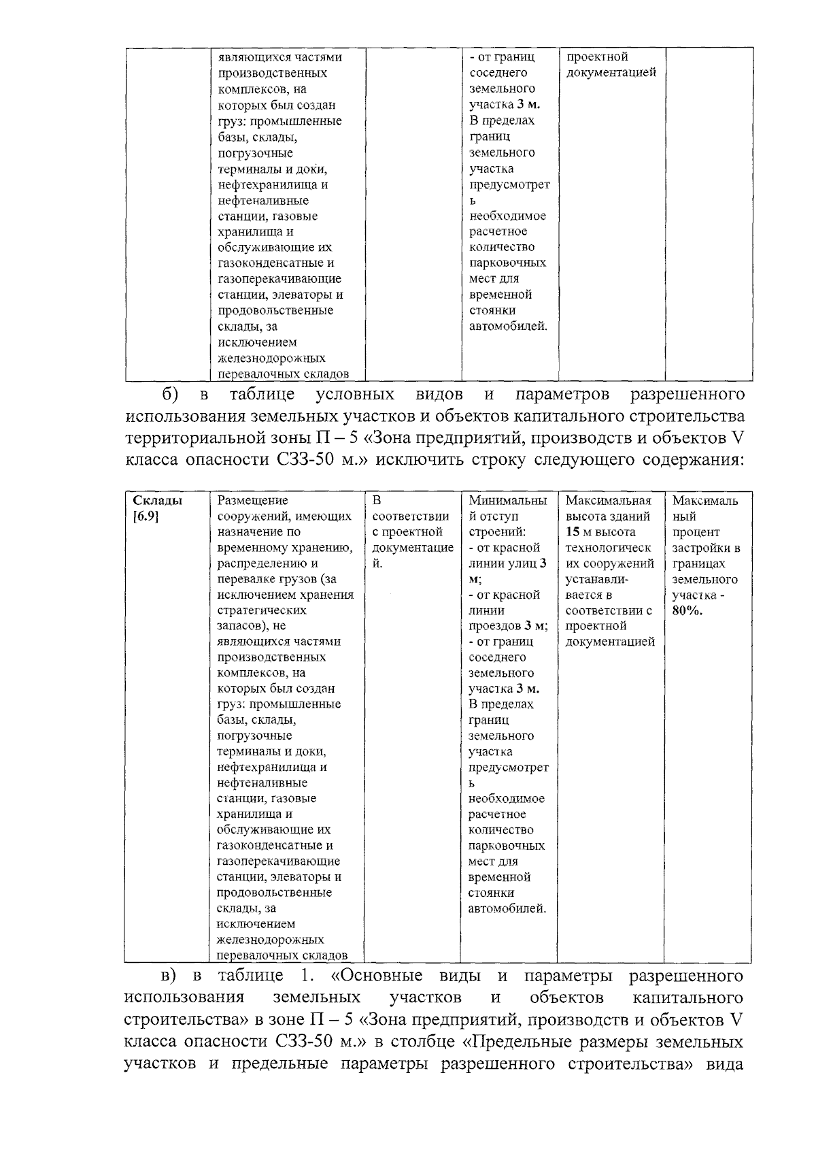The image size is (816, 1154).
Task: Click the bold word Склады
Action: click(157, 500)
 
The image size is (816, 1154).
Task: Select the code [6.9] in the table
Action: click(146, 516)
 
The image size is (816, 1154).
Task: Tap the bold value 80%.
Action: click(688, 610)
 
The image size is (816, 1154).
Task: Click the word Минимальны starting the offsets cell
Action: click(507, 500)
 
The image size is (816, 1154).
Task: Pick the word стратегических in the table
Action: click(261, 610)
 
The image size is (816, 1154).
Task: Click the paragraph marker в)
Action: click(168, 976)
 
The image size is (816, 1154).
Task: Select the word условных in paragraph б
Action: click(355, 395)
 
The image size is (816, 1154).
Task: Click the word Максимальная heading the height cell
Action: click(608, 500)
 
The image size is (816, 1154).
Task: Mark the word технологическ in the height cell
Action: click(608, 548)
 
